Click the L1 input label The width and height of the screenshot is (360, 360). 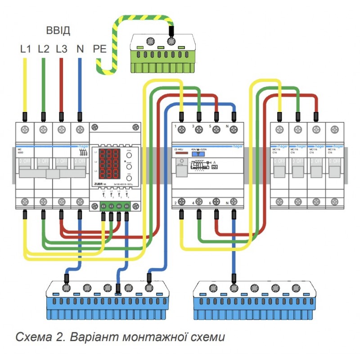(x=25, y=49)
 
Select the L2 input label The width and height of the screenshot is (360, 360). (x=43, y=49)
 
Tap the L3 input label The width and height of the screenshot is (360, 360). (x=61, y=49)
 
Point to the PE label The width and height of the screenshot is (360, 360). (x=99, y=49)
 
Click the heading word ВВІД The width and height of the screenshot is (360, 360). (x=58, y=31)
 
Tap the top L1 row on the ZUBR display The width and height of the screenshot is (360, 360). (x=109, y=155)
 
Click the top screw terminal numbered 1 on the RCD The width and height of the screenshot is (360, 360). (x=181, y=130)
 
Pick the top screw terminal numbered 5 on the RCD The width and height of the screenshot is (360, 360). (x=216, y=130)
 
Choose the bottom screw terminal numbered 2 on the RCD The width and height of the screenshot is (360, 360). (x=181, y=201)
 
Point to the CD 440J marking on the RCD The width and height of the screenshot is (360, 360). (x=179, y=149)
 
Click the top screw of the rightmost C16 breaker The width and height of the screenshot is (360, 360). (x=334, y=130)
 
